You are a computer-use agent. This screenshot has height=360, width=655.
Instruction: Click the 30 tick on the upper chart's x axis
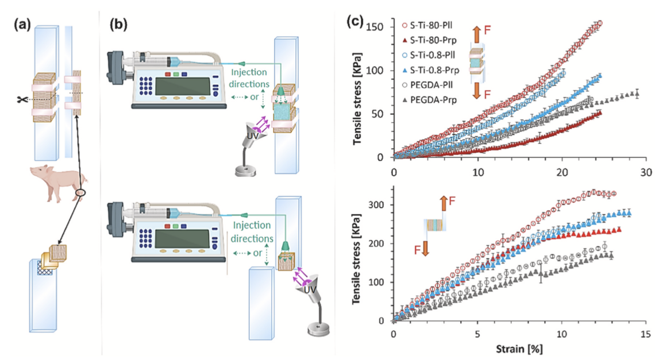pos(646,173)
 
